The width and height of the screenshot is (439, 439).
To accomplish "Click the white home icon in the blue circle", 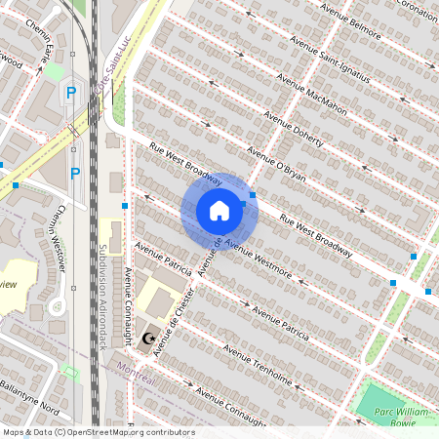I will point(219,210).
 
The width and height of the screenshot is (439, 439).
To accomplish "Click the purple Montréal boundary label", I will point(136,376).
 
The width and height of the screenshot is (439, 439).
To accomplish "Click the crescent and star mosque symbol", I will point(149,339).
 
